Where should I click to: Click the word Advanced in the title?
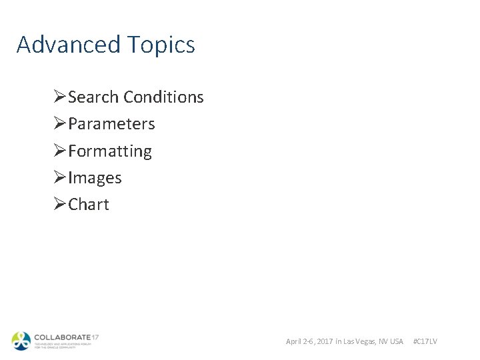click(65, 45)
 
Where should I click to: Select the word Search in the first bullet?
click(93, 97)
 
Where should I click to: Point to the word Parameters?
click(111, 124)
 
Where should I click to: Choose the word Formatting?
click(110, 152)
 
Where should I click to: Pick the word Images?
click(95, 178)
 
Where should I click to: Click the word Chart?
click(88, 205)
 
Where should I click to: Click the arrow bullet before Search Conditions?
click(59, 97)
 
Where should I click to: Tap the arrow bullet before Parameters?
click(59, 124)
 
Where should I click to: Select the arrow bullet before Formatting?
click(59, 151)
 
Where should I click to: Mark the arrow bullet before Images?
click(59, 178)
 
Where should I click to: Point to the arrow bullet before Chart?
click(59, 205)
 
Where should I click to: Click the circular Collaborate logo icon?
click(21, 341)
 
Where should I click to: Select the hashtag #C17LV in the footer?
click(425, 341)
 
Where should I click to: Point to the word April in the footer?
click(294, 341)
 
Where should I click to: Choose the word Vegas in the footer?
click(367, 341)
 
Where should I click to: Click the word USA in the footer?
click(397, 341)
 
